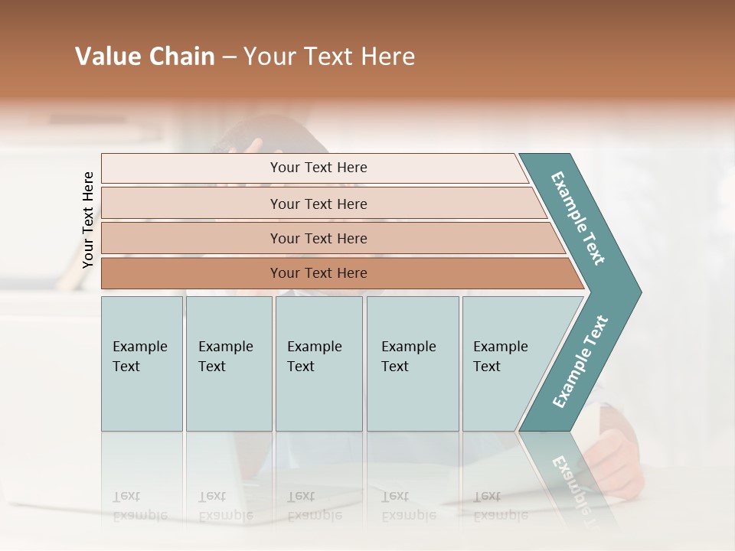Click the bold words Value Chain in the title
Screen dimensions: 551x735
point(145,57)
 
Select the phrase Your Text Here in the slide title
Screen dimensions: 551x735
point(329,57)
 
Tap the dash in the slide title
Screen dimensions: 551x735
point(229,57)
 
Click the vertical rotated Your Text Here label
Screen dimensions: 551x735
point(88,220)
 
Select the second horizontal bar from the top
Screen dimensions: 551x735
point(318,204)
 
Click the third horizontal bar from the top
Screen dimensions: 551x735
point(318,238)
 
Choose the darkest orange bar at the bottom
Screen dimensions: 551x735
point(318,273)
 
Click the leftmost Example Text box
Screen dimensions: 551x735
point(142,363)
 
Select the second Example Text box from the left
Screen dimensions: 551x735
point(228,363)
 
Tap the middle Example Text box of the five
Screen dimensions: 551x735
point(318,363)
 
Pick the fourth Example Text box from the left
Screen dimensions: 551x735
point(412,363)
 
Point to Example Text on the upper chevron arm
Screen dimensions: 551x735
point(579,218)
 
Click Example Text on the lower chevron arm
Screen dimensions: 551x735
point(580,361)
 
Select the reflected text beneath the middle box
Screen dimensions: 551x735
point(314,505)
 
